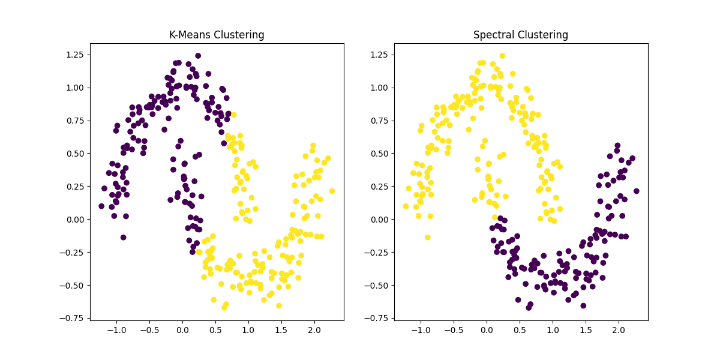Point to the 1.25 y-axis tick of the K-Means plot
[x=74, y=55]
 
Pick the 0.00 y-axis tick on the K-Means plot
[x=74, y=219]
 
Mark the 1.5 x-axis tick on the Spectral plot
[x=585, y=330]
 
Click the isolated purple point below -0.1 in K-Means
[x=123, y=237]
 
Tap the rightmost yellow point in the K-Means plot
[x=332, y=191]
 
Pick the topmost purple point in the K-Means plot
[x=198, y=56]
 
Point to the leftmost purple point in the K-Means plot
[x=101, y=206]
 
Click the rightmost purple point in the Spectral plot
[x=636, y=191]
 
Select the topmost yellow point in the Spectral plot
[x=502, y=56]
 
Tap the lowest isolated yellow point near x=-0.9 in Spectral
[x=427, y=237]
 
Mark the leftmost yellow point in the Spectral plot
[x=406, y=206]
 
